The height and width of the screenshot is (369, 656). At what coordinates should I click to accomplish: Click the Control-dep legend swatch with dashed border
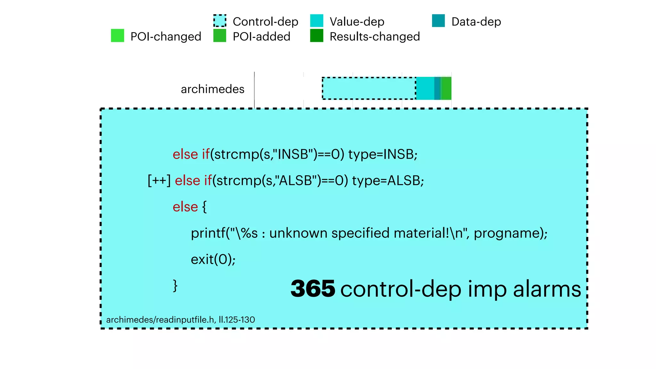pos(220,21)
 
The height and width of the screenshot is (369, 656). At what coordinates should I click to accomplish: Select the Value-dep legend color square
pos(316,21)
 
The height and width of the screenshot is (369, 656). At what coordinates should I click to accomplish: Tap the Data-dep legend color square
pos(438,21)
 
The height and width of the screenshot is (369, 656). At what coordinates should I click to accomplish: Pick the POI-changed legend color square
pos(117,36)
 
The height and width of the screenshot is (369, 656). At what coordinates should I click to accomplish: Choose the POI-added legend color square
pos(220,36)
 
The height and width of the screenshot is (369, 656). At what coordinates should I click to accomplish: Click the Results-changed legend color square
pos(316,36)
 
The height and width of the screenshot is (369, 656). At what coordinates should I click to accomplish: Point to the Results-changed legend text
pos(374,37)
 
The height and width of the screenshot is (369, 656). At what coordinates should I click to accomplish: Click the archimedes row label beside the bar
pos(212,89)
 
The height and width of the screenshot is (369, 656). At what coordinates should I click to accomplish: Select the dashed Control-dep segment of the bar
pos(369,88)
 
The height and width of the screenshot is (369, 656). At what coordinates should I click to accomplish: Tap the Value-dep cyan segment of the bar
pos(425,88)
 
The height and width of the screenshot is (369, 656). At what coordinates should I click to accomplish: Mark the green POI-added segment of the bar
pos(447,88)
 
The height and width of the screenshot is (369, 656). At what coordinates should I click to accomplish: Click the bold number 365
pos(313,289)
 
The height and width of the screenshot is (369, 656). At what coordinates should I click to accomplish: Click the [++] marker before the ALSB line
pos(159,181)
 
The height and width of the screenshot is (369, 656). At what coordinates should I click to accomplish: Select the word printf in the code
pos(208,233)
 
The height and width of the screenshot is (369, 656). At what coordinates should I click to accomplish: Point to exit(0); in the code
pos(213,259)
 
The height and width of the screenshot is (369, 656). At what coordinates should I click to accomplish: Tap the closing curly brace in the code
pos(175,285)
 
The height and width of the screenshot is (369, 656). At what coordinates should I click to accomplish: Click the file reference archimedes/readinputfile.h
pos(160,320)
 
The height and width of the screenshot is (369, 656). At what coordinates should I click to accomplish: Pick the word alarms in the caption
pos(547,289)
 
